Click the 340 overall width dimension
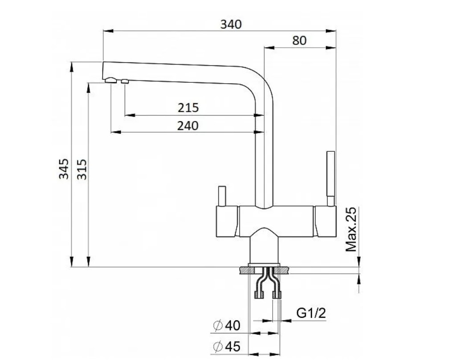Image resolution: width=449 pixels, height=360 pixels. (x=231, y=24)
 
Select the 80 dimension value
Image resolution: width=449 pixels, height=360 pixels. (x=299, y=40)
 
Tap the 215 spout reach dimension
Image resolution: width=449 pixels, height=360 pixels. (x=188, y=108)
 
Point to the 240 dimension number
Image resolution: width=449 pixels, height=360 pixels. (x=188, y=125)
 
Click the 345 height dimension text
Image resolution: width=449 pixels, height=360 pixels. (x=64, y=169)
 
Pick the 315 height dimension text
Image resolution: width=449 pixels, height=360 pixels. (x=82, y=170)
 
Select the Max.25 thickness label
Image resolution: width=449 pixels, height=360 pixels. (x=351, y=229)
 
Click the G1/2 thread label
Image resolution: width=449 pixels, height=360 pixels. (x=311, y=313)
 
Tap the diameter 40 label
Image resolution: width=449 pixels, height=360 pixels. (x=227, y=325)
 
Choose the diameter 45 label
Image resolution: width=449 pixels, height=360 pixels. (x=227, y=347)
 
